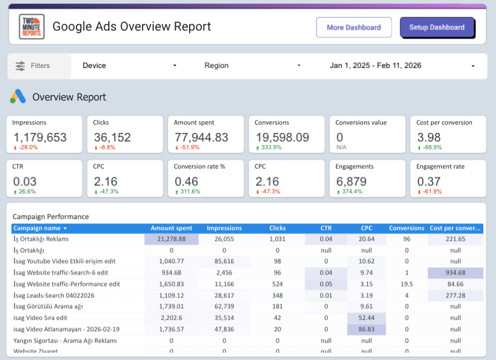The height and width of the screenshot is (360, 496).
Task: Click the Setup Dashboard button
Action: [x=437, y=28]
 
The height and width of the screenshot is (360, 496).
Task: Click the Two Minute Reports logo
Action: [x=31, y=26]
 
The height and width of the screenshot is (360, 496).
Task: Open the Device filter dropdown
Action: [x=129, y=66]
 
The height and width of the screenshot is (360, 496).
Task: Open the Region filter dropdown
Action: [x=252, y=66]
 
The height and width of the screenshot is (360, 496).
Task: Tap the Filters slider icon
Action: [x=20, y=66]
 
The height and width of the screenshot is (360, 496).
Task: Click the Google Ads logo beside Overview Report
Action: [x=18, y=97]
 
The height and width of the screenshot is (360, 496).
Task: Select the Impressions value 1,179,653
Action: [x=40, y=137]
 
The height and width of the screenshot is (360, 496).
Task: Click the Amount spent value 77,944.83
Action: [x=201, y=137]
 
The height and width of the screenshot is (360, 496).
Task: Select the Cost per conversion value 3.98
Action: [x=429, y=137]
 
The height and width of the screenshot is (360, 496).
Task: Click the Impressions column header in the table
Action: [x=224, y=229]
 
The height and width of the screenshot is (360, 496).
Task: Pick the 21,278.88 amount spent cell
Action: [x=171, y=239]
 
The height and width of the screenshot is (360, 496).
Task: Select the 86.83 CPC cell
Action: [x=367, y=329]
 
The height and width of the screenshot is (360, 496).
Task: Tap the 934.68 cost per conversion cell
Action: [x=456, y=273]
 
